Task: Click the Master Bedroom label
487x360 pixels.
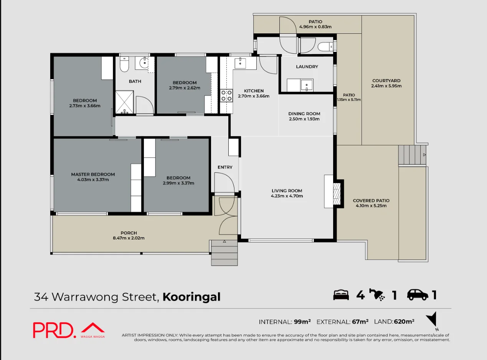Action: click(93, 174)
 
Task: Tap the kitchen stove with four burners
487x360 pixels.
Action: click(226, 96)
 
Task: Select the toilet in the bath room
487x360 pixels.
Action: click(124, 65)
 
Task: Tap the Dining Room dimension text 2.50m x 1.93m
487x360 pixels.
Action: click(304, 119)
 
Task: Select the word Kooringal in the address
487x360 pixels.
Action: click(191, 297)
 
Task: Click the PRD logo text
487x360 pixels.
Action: click(54, 330)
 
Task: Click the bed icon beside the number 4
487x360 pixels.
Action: click(341, 295)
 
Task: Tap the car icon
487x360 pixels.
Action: click(418, 295)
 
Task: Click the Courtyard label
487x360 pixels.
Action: click(386, 81)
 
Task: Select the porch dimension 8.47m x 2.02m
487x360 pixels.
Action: click(129, 238)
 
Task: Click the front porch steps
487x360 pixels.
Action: click(224, 253)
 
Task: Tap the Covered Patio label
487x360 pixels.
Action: click(371, 200)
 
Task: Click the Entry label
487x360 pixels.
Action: click(225, 167)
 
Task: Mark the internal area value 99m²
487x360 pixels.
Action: click(302, 322)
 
